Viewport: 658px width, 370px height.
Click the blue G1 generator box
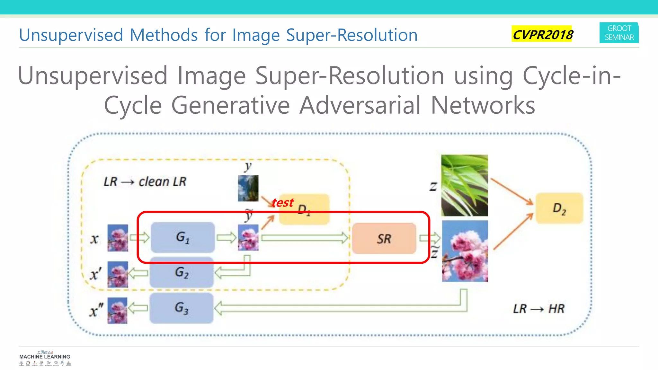182,237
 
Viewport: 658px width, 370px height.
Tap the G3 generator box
182,308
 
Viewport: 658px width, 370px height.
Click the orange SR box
384,239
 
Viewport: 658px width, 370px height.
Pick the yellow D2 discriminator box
559,208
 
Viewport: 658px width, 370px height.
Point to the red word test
282,203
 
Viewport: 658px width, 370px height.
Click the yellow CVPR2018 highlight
542,34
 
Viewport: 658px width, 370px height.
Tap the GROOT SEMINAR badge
619,33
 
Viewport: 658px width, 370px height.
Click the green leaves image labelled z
465,185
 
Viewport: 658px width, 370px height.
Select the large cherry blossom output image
465,251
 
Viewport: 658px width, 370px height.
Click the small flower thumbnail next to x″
117,310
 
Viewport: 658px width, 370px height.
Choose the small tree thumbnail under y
248,188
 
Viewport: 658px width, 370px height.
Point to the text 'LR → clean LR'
145,182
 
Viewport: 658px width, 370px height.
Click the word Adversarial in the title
360,105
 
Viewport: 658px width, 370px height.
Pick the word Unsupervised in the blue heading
71,35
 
